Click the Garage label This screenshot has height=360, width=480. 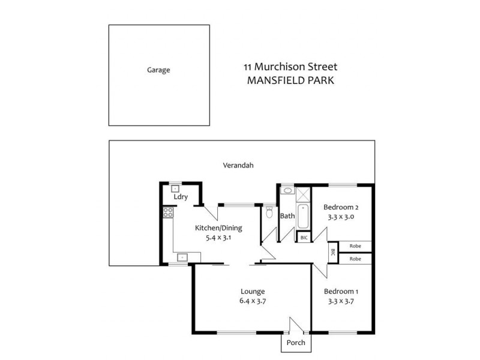pyautogui.click(x=158, y=70)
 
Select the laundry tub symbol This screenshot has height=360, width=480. pyautogui.click(x=175, y=188)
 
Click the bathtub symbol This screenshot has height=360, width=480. pyautogui.click(x=303, y=217)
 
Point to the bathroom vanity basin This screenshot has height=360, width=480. pyautogui.click(x=287, y=191)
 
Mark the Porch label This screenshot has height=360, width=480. pyautogui.click(x=296, y=343)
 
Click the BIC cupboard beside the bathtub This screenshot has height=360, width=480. pyautogui.click(x=304, y=238)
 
